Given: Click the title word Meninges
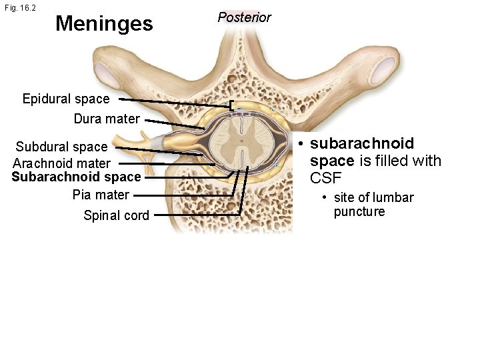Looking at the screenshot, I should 104,24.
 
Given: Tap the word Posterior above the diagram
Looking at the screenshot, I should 244,17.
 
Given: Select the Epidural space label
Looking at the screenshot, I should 65,99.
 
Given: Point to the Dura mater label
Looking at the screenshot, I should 107,119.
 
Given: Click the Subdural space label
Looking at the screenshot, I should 61,147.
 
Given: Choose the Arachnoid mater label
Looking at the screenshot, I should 61,163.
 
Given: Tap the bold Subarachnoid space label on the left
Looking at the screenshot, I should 76,177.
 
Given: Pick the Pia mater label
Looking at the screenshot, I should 101,195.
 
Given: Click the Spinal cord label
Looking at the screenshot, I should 116,215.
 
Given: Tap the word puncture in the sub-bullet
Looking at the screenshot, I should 359,212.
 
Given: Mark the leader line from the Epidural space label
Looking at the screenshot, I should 173,101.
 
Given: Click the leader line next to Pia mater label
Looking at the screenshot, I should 180,195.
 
